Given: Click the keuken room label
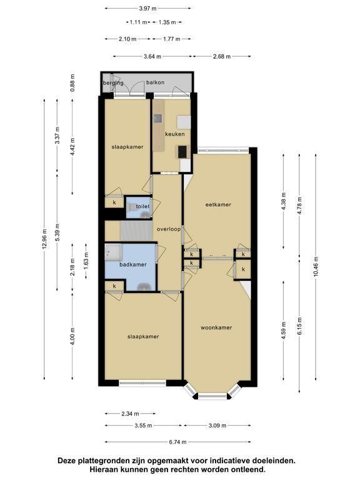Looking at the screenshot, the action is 175,134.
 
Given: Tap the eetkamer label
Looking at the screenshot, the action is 218,204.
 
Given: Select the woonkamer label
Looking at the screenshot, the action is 216,327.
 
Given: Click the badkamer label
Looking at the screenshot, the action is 133,264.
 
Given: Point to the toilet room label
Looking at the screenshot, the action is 142,206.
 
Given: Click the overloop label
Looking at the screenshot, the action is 169,229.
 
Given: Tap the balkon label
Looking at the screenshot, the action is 155,82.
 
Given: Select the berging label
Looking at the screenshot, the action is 113,83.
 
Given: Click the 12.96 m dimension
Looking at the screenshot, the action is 45,239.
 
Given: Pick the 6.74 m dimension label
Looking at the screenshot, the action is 177,442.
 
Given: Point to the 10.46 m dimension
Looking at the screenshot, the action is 316,266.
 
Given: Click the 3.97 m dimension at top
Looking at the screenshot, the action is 148,9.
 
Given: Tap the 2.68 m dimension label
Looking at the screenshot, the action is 222,56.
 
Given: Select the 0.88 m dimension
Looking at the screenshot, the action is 72,83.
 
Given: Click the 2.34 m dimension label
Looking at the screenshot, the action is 130,414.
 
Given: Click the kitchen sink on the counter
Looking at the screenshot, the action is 158,118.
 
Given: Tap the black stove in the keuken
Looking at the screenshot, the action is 182,152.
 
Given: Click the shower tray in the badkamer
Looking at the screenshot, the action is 113,252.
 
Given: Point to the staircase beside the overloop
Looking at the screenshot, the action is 136,231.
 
